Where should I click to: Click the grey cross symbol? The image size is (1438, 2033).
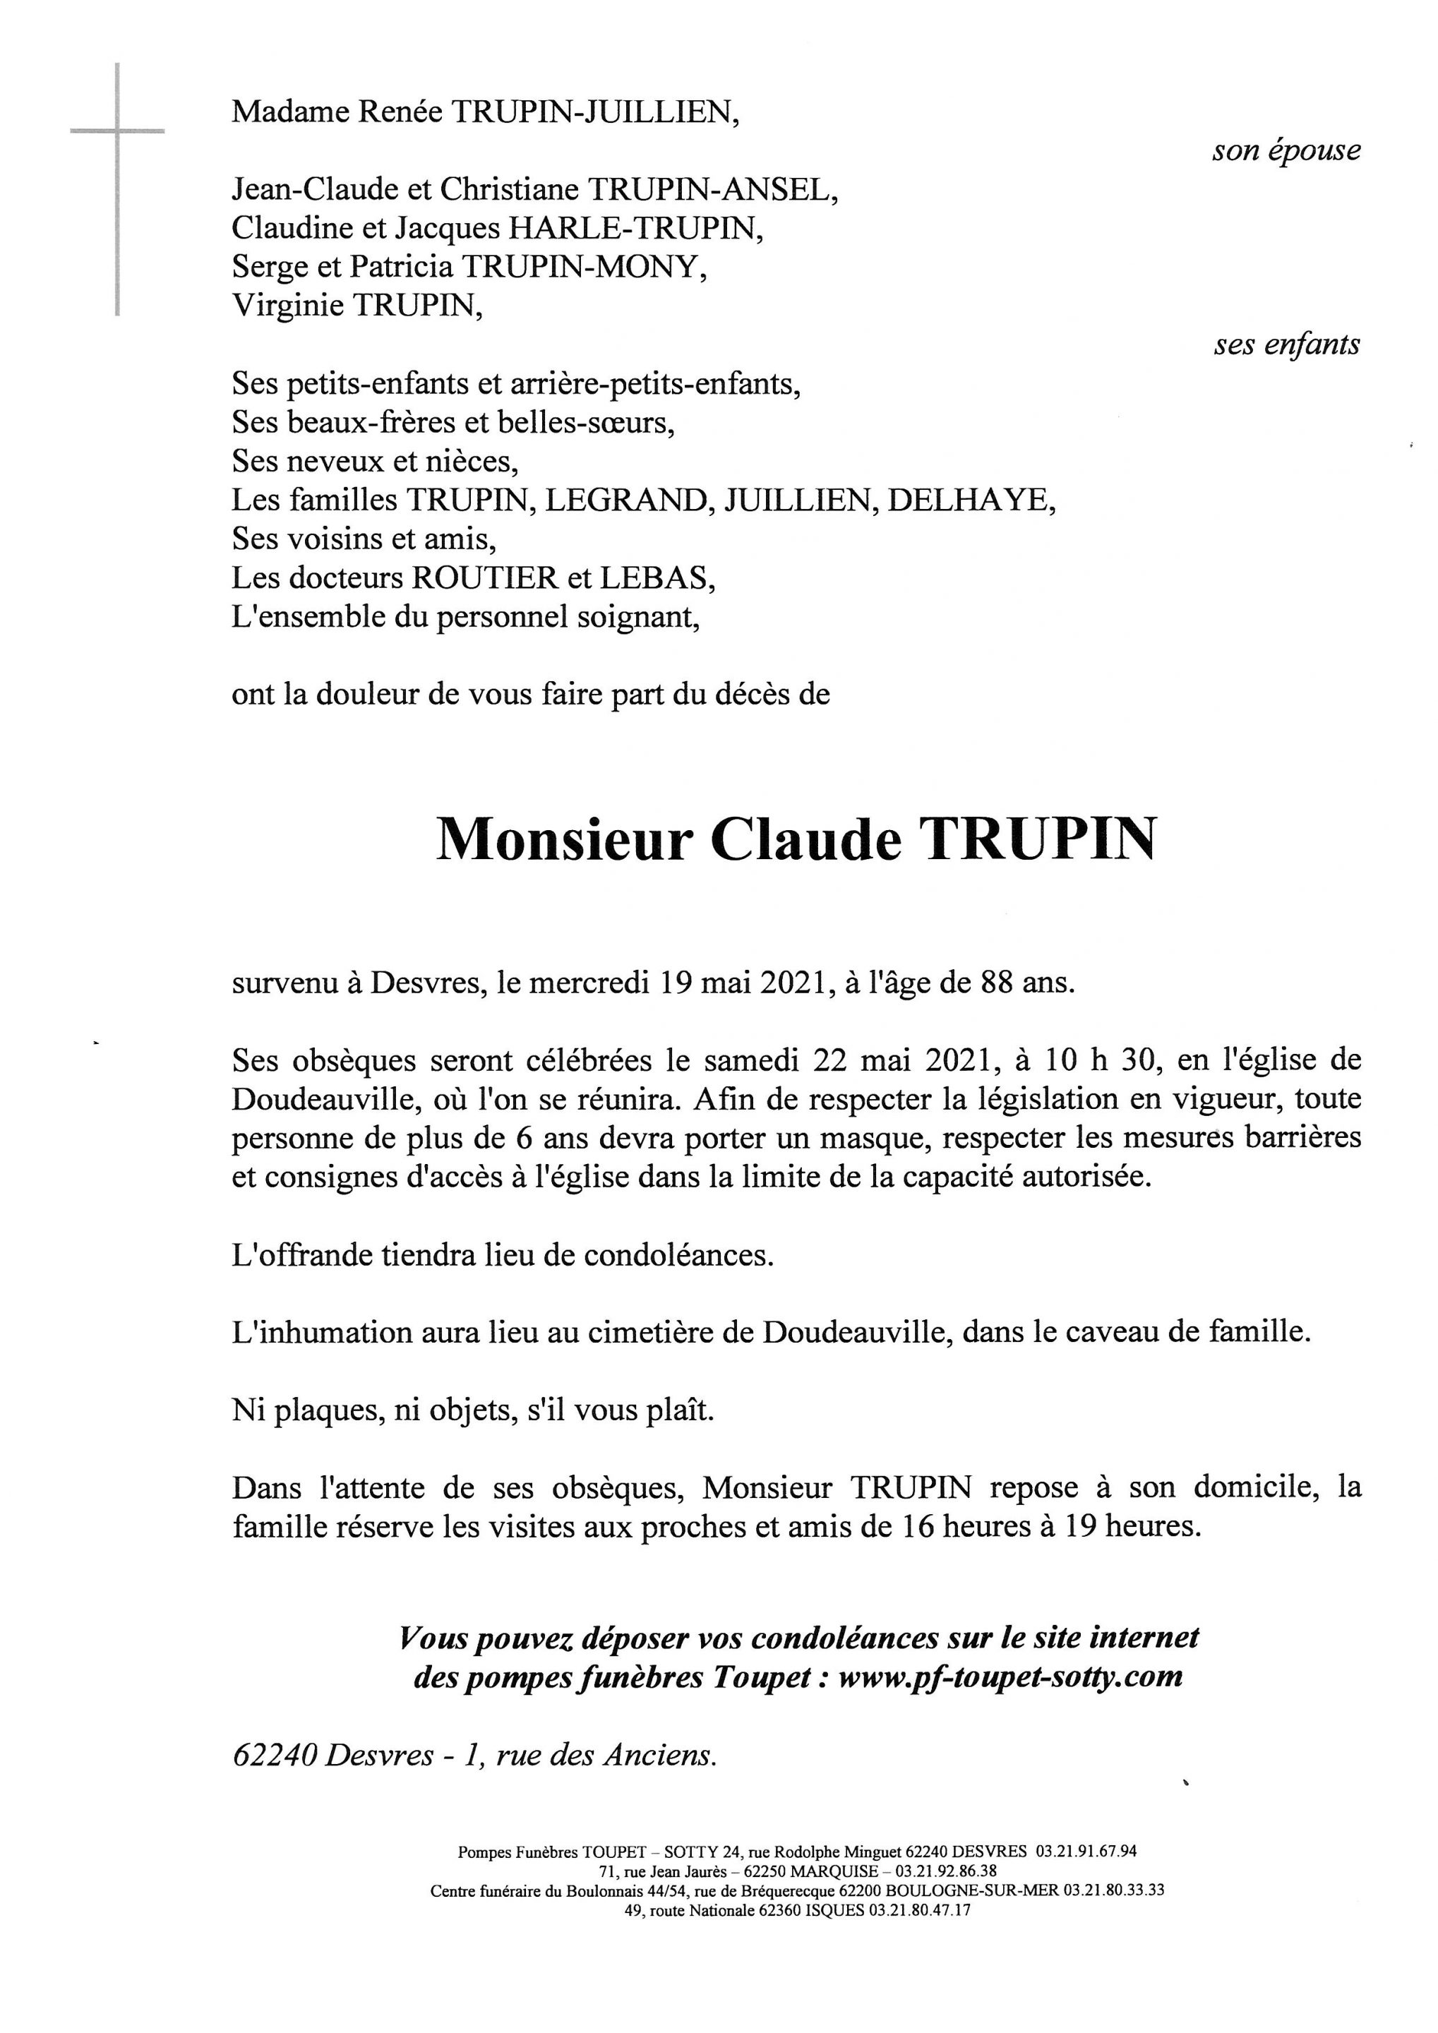(117, 133)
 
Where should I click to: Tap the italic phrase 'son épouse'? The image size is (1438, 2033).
(1286, 150)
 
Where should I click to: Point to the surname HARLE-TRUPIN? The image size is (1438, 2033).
(634, 229)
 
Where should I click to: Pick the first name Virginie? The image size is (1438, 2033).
(289, 306)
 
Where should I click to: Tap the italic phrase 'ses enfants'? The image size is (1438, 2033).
(1286, 344)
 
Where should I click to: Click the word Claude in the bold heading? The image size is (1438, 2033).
(805, 839)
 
